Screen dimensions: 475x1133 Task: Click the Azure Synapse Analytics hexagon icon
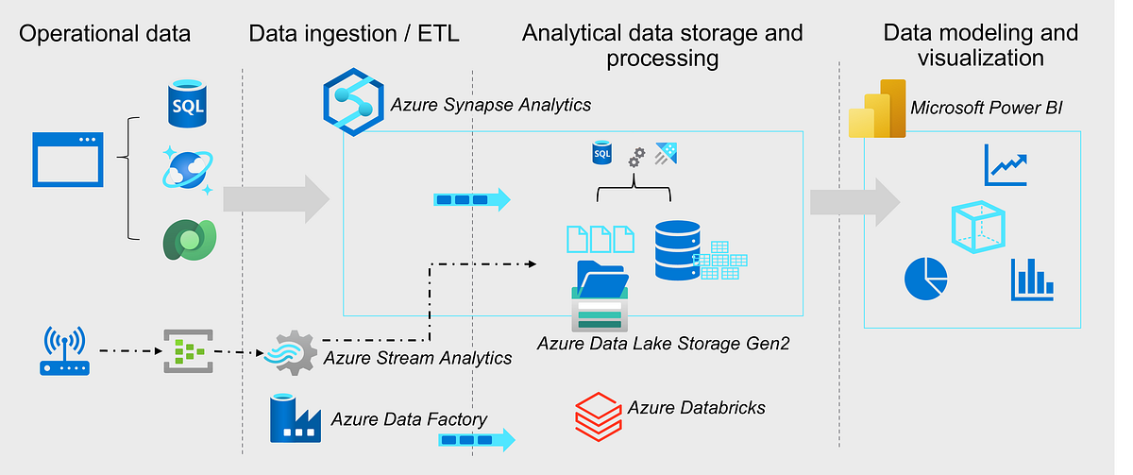(x=351, y=97)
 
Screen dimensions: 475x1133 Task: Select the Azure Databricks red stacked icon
(x=599, y=414)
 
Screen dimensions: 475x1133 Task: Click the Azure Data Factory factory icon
(x=296, y=418)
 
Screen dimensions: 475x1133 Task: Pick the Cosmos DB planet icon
(x=188, y=171)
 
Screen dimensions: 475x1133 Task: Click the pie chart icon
(x=925, y=277)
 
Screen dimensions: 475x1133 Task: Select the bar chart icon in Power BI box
(x=1032, y=280)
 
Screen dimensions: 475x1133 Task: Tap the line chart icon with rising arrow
(x=1005, y=165)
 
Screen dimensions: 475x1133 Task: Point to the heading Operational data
(x=105, y=34)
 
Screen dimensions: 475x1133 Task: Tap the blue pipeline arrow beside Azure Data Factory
(x=477, y=439)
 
